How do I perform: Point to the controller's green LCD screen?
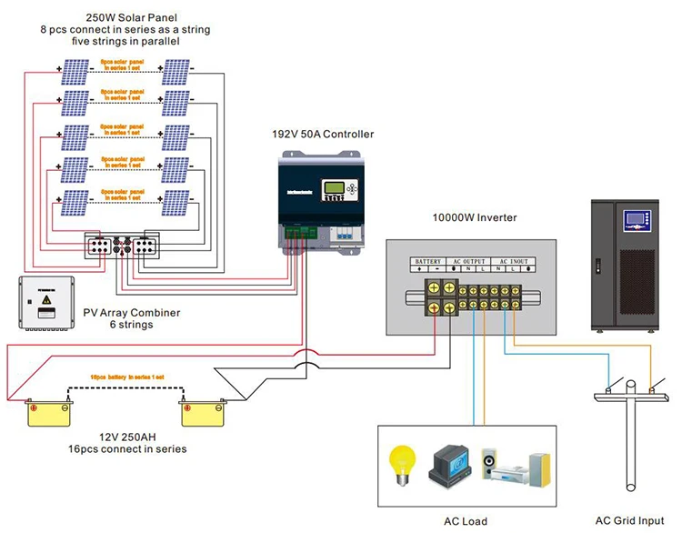[x=336, y=189]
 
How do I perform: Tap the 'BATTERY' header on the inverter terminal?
[x=428, y=261]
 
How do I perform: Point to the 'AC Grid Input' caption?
[x=628, y=521]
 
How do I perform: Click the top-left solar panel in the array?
[x=75, y=71]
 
